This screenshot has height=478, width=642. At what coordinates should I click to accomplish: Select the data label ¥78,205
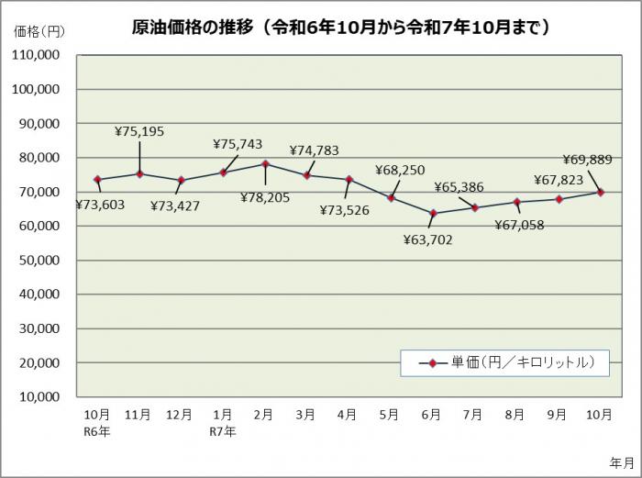click(267, 196)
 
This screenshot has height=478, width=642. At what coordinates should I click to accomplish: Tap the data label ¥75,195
click(139, 131)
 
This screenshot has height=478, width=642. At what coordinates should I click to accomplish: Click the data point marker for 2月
click(265, 163)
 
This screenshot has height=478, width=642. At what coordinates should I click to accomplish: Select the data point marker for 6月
click(432, 214)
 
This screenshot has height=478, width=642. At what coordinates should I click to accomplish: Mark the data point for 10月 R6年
click(97, 180)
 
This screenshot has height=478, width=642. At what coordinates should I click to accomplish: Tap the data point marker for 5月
click(391, 197)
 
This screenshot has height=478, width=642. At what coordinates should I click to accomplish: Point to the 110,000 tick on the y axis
click(36, 55)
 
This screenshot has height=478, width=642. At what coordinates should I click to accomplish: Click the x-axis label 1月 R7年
click(223, 421)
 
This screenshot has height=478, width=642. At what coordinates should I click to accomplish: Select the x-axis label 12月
click(181, 415)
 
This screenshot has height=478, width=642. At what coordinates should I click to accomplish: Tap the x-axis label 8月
click(515, 415)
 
